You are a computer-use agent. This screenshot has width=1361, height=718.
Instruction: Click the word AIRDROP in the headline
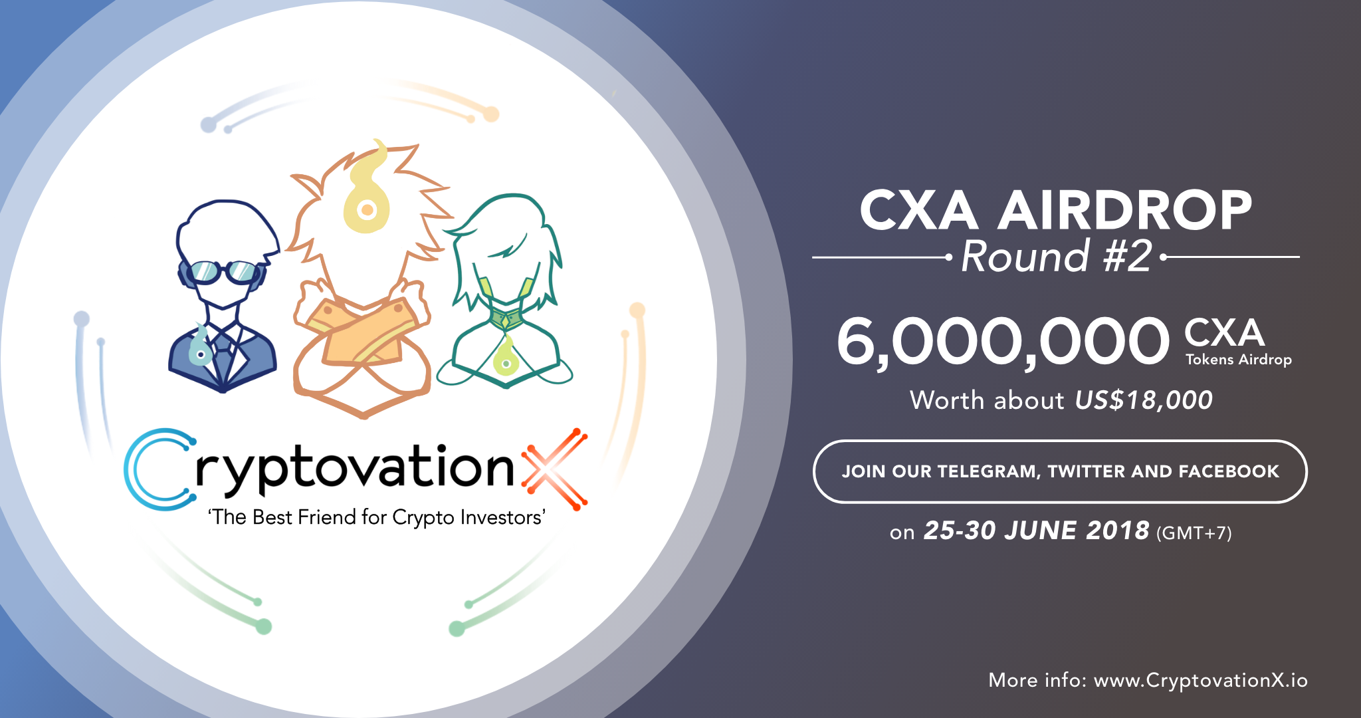(x=1124, y=210)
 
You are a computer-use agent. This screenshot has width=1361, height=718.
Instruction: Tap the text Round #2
(x=1057, y=256)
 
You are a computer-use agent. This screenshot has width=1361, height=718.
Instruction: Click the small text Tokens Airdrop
(x=1239, y=360)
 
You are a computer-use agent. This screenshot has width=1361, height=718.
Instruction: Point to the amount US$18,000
(x=1144, y=400)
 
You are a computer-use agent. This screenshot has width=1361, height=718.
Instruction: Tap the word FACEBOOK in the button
(x=1229, y=471)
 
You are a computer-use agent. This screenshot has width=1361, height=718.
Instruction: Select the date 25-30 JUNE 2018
(x=1037, y=531)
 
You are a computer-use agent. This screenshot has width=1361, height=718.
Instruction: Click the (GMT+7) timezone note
(x=1194, y=533)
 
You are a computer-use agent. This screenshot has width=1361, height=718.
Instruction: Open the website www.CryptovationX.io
(x=1201, y=680)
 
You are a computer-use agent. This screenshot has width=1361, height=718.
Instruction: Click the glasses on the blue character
(x=223, y=271)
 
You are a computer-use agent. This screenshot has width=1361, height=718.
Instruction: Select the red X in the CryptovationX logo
(x=555, y=469)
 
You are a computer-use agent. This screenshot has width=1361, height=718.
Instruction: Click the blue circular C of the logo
(x=159, y=469)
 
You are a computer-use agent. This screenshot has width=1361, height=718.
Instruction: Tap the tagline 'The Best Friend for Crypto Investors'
(x=377, y=517)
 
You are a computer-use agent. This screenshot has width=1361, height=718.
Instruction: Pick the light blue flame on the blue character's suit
(x=200, y=346)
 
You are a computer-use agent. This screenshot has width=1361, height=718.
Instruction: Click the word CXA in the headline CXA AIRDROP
(x=918, y=210)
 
